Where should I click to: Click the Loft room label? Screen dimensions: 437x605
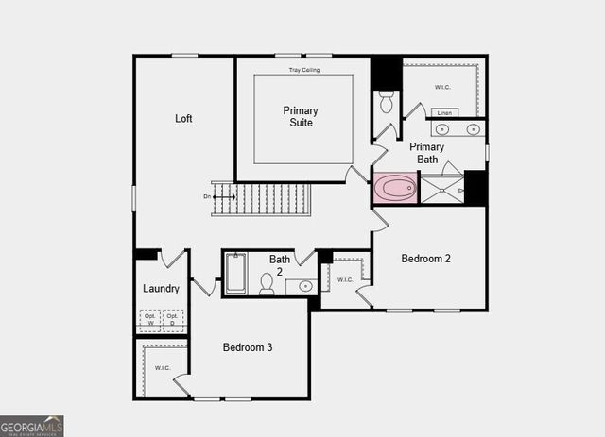(183, 119)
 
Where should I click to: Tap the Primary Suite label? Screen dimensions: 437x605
(301, 116)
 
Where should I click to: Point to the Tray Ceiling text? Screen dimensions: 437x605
(303, 70)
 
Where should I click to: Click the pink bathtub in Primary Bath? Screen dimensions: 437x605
(394, 188)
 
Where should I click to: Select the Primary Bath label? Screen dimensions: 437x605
(427, 153)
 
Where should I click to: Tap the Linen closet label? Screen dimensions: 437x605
(443, 113)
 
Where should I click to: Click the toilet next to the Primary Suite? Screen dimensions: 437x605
(386, 101)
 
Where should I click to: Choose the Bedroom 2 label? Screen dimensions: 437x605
(425, 259)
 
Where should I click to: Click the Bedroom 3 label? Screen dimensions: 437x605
(248, 347)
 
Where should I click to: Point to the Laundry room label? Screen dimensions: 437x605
(161, 289)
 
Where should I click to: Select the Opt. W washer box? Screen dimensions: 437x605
(149, 320)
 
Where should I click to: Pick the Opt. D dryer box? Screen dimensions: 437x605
(171, 320)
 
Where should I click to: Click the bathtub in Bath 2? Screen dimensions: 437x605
(235, 274)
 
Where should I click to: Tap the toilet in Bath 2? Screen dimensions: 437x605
(268, 283)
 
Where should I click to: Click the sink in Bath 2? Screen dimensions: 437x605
(304, 285)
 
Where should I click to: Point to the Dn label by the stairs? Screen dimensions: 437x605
(207, 196)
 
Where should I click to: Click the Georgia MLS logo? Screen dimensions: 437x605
(32, 425)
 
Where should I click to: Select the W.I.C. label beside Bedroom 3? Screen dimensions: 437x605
(163, 367)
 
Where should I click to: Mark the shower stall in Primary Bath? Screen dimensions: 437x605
(441, 190)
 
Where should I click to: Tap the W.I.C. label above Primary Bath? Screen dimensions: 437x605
(442, 88)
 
